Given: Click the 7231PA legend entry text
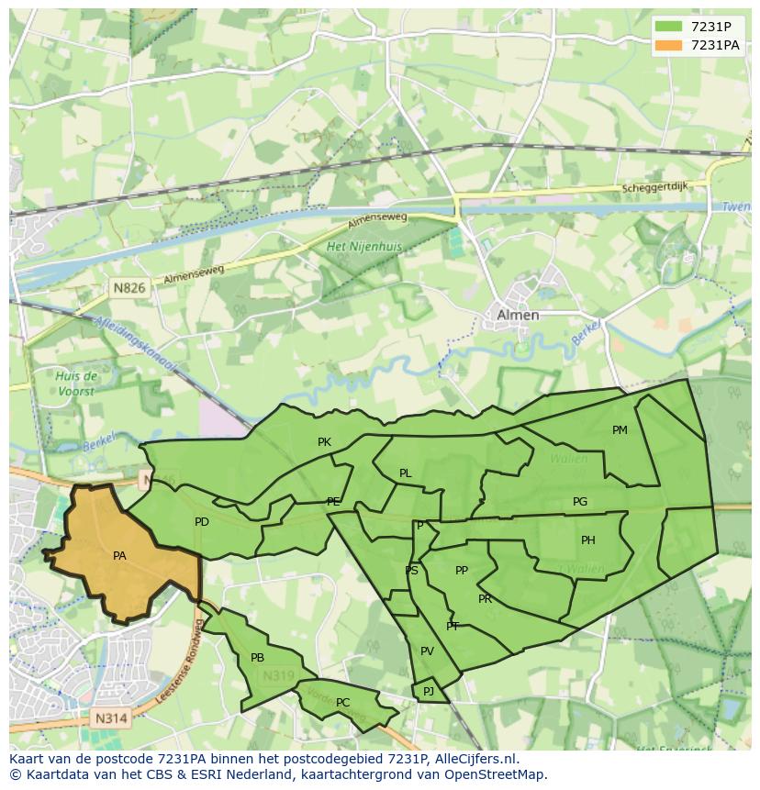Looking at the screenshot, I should pyautogui.click(x=715, y=45).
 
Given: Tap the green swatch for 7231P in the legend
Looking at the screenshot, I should pyautogui.click(x=668, y=27).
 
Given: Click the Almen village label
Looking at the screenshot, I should pyautogui.click(x=518, y=315).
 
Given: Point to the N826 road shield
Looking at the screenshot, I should pyautogui.click(x=129, y=288).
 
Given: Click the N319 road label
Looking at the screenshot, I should pyautogui.click(x=278, y=677).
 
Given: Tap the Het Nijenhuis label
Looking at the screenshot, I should pyautogui.click(x=364, y=247).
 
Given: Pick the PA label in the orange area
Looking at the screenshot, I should pyautogui.click(x=119, y=556).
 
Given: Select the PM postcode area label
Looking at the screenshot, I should pyautogui.click(x=620, y=430).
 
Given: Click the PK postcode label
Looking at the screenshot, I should pyautogui.click(x=324, y=442).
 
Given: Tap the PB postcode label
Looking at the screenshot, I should pyautogui.click(x=257, y=658).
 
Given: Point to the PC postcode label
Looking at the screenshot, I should pyautogui.click(x=342, y=703).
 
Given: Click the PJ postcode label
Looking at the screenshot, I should pyautogui.click(x=429, y=691).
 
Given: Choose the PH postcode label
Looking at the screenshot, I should pyautogui.click(x=588, y=540).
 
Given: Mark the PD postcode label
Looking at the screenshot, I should pyautogui.click(x=202, y=522).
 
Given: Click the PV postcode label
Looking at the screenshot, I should pyautogui.click(x=427, y=651).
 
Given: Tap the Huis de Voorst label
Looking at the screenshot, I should pyautogui.click(x=76, y=384).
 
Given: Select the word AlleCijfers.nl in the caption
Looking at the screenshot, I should pyautogui.click(x=475, y=759).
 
